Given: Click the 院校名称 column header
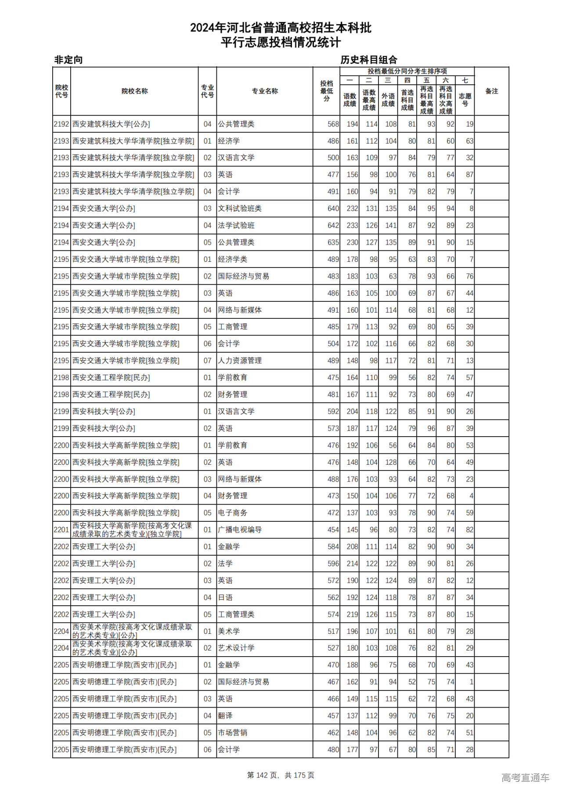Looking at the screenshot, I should pos(134,91).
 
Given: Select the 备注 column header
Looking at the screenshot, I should pos(491,91).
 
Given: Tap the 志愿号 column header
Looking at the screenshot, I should pos(465,99).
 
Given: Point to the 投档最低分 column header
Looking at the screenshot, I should pos(326,91).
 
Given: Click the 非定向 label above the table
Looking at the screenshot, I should pos(68,60).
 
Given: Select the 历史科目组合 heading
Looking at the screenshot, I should pos(369,60).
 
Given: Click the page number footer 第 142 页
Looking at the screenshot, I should pos(263,775).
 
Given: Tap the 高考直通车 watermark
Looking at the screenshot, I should pos(525,777).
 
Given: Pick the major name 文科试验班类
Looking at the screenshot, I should pos(240,209).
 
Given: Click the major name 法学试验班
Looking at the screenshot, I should pos(236,225).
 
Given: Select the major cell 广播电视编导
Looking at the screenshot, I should pos(240,530).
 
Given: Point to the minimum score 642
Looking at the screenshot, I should pos(333,225).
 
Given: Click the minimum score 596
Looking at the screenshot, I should pos(333,564).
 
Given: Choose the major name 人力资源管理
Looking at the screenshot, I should pos(240,361).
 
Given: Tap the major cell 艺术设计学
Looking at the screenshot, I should pos(236,648).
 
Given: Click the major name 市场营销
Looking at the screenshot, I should pos(233,733).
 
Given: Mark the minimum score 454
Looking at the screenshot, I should pos(333,530).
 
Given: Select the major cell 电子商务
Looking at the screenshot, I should pos(233,513).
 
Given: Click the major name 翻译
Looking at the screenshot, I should pos(225,715).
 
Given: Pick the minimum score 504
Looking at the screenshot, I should pos(333,343).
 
